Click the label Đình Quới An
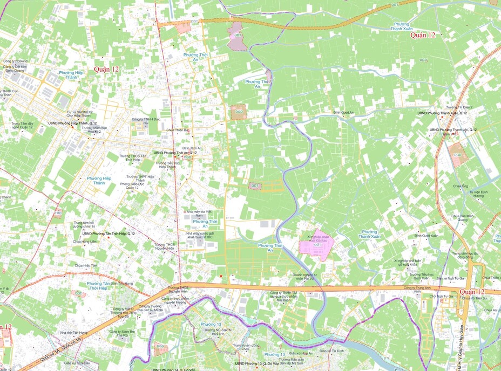coord(343,112)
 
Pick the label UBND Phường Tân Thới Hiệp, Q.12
coord(109,233)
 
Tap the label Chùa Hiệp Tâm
coord(86,265)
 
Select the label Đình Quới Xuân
coord(426,235)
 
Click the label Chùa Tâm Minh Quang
coord(462,217)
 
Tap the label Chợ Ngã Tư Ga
coord(441,296)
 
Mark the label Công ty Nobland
coord(15,61)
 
